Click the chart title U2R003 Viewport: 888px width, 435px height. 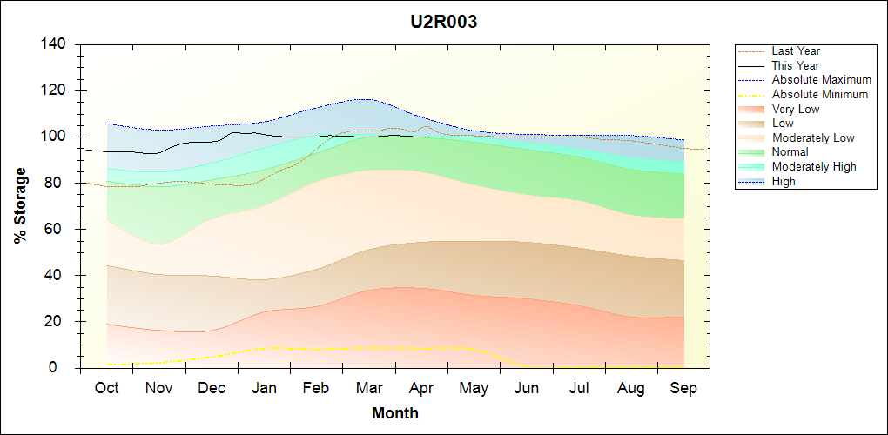[x=444, y=22]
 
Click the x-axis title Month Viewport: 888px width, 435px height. [x=395, y=413]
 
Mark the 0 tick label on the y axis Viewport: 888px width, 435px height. [x=65, y=368]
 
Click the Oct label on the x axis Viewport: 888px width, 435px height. [x=106, y=388]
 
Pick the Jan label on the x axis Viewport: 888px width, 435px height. [x=265, y=388]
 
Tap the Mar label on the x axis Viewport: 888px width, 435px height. [x=370, y=388]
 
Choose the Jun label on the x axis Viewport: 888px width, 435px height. [x=528, y=388]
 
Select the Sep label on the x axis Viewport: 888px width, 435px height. [x=683, y=388]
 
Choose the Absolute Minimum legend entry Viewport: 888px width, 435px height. [x=819, y=94]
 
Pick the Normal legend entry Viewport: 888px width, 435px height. [x=790, y=151]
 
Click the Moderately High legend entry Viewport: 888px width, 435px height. [x=814, y=166]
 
